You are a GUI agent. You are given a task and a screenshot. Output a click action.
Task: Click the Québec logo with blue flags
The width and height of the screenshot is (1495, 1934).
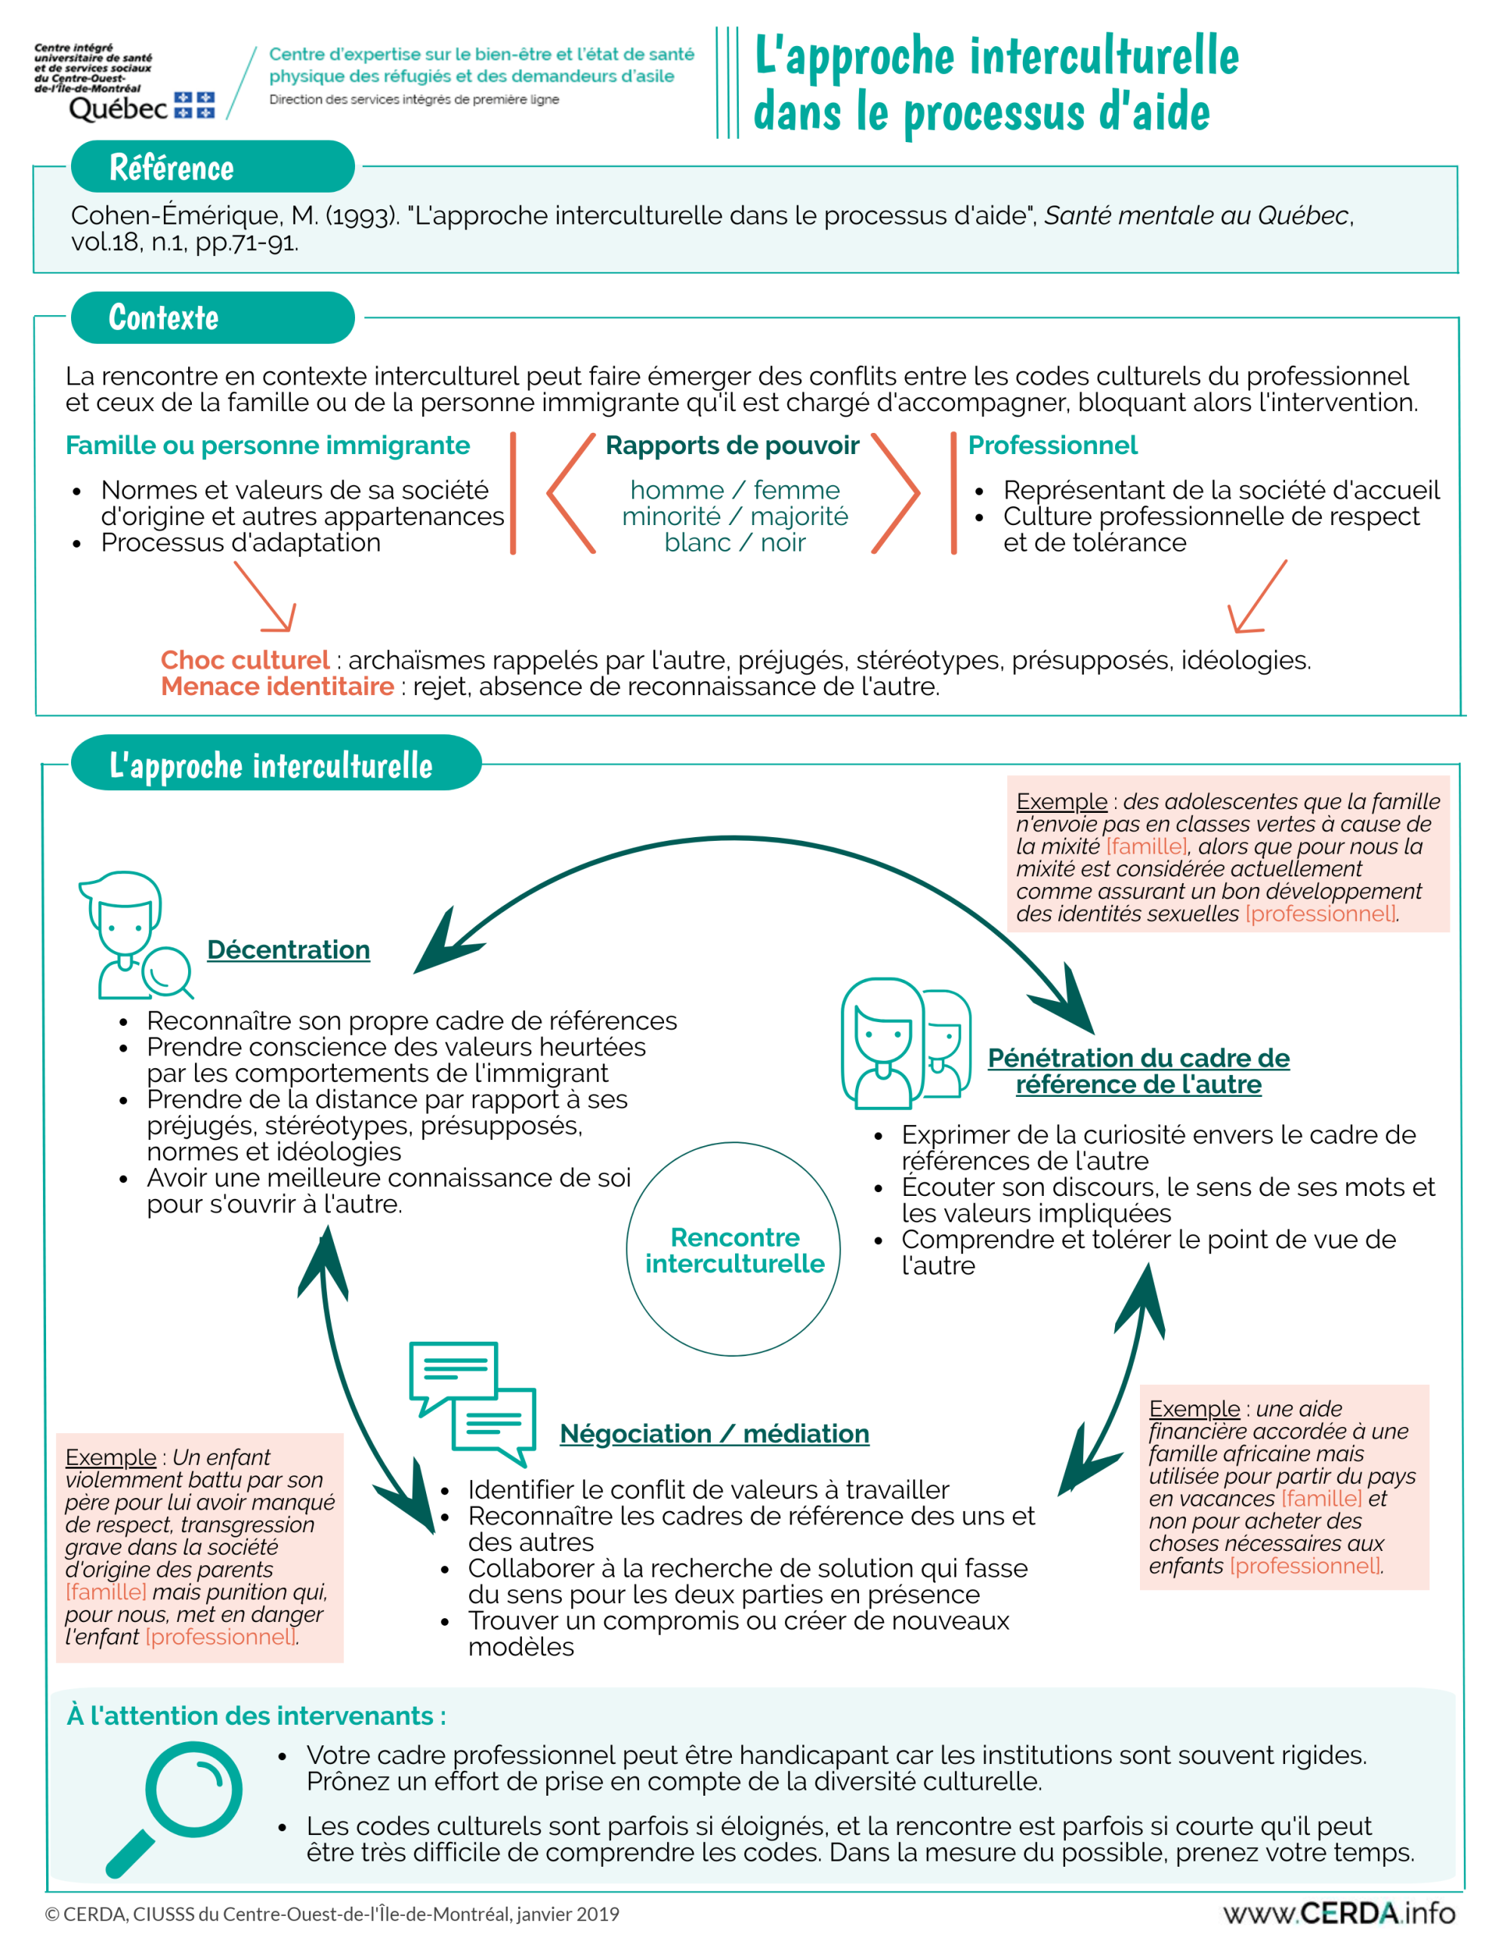click(x=142, y=107)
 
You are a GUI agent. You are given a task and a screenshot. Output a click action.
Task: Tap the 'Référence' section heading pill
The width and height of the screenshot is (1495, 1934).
click(x=212, y=166)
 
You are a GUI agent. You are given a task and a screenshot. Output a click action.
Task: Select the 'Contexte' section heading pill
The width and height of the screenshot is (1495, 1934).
click(x=212, y=317)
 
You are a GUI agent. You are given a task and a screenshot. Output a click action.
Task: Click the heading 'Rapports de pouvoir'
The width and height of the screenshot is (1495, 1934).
click(x=733, y=446)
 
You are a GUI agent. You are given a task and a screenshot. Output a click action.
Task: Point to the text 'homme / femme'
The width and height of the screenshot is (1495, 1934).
click(x=735, y=490)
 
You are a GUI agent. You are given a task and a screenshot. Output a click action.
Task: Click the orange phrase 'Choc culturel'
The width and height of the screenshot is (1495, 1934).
click(x=246, y=660)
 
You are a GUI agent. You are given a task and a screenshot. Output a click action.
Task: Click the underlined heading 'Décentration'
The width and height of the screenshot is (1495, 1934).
click(x=289, y=950)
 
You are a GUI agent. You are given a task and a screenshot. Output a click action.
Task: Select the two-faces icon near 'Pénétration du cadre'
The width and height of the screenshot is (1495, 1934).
click(x=906, y=1043)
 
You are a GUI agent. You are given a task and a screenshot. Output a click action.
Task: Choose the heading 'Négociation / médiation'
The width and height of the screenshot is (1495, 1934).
click(x=715, y=1434)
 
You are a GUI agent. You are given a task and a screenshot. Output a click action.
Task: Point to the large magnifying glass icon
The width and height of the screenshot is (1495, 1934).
click(x=174, y=1809)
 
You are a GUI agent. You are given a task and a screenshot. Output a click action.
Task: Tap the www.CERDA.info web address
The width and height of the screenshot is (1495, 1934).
click(x=1339, y=1913)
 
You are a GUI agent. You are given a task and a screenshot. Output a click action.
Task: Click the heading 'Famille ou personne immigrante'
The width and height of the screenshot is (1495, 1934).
click(x=267, y=446)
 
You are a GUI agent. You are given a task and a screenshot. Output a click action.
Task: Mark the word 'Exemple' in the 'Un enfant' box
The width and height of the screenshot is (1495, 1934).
click(x=111, y=1457)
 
